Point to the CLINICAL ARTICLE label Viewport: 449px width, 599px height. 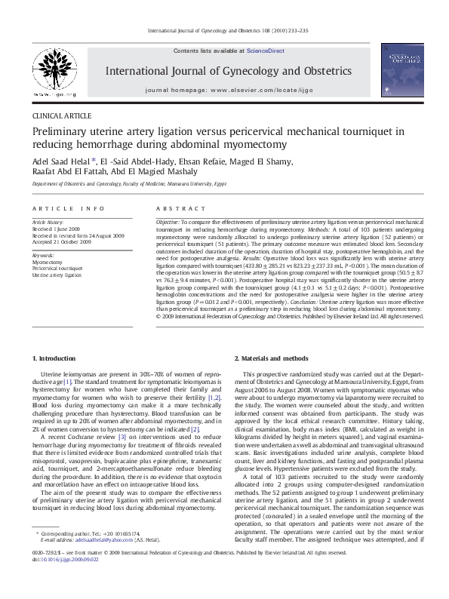(x=62, y=116)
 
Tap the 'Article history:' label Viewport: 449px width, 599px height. (x=49, y=223)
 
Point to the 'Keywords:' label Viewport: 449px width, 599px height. (x=43, y=255)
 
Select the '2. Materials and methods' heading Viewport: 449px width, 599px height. (x=271, y=358)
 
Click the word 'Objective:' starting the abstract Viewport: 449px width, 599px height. (x=168, y=224)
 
